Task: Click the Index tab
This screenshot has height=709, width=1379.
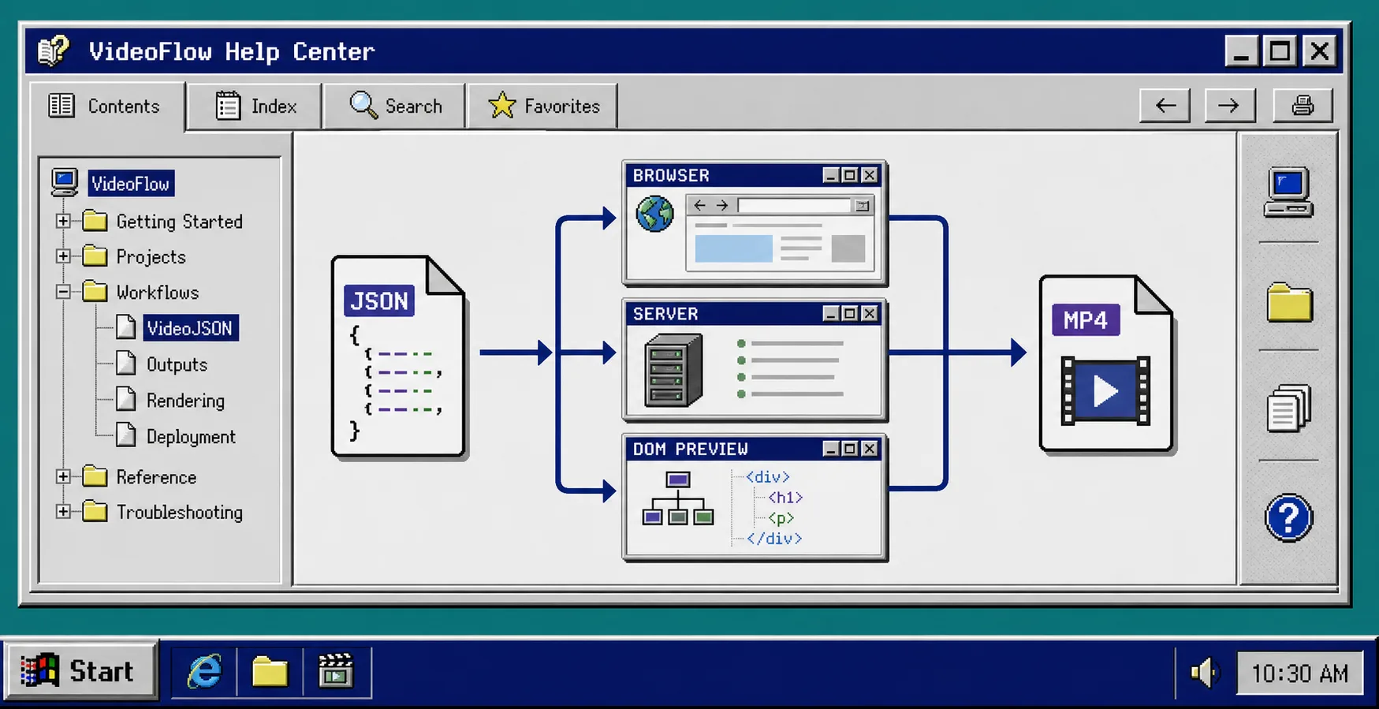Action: [255, 106]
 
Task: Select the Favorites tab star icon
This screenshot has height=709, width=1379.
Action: [502, 105]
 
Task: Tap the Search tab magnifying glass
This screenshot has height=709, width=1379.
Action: [363, 105]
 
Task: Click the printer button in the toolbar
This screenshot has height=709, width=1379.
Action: [1303, 105]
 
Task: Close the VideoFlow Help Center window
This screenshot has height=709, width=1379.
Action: [1320, 51]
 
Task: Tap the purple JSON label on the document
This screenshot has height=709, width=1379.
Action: [379, 300]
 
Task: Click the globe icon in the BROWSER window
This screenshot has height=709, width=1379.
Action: [654, 214]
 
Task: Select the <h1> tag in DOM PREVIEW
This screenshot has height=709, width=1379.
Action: [785, 498]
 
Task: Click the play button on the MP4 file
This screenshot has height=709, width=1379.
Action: [1105, 390]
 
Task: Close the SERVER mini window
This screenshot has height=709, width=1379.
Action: [870, 313]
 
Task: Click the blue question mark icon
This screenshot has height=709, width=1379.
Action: [1288, 518]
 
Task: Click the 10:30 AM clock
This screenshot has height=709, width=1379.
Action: [1299, 673]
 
